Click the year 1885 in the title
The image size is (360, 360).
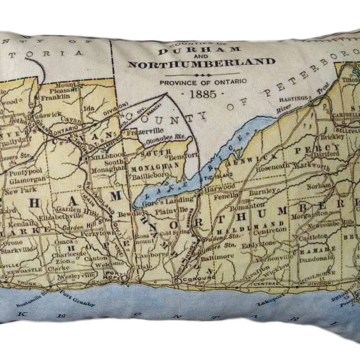tap(201, 93)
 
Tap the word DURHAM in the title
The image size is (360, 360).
tap(192, 51)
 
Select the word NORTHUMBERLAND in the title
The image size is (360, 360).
tap(201, 63)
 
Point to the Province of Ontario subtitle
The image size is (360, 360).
tap(202, 81)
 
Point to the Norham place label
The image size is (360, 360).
tap(317, 185)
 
